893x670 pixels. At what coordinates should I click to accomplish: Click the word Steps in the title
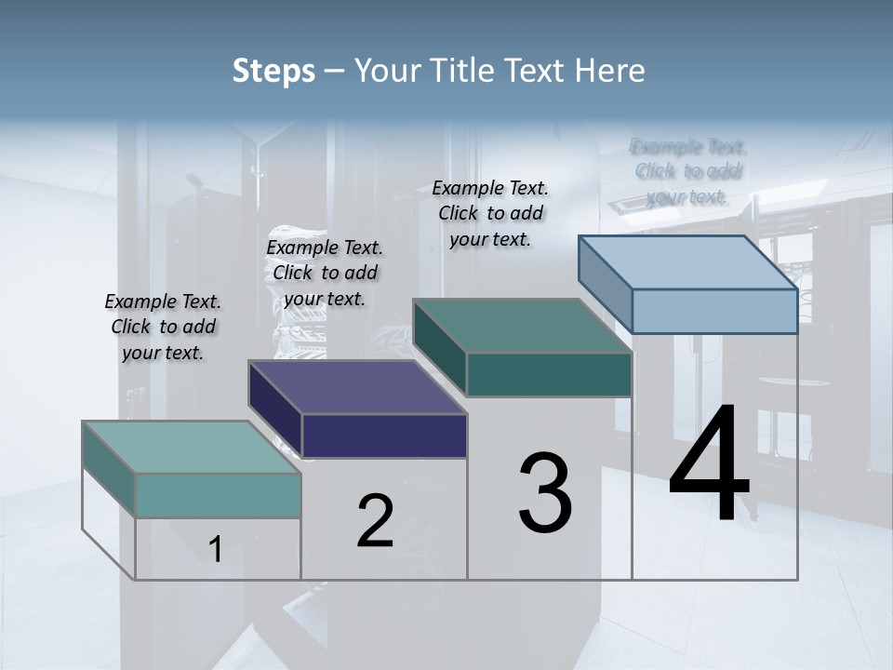(273, 71)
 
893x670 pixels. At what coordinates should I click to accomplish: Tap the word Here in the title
(610, 71)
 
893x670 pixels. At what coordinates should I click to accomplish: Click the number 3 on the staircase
(545, 493)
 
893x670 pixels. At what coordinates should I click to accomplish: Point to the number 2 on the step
(375, 521)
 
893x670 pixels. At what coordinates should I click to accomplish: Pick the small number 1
(216, 550)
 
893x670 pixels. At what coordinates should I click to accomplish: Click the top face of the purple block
(358, 387)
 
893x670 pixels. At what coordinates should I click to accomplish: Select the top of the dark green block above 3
(523, 326)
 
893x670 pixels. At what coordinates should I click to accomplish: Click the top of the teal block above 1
(192, 448)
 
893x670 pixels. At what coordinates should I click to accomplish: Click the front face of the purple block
(384, 435)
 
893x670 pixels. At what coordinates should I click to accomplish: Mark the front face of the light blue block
(714, 311)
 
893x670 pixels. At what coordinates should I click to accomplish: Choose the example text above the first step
(163, 328)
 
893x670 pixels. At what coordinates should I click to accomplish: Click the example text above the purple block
(325, 274)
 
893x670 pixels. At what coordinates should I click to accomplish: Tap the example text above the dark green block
(490, 214)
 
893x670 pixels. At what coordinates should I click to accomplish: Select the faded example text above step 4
(688, 171)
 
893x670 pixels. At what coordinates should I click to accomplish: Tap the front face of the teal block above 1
(218, 495)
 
